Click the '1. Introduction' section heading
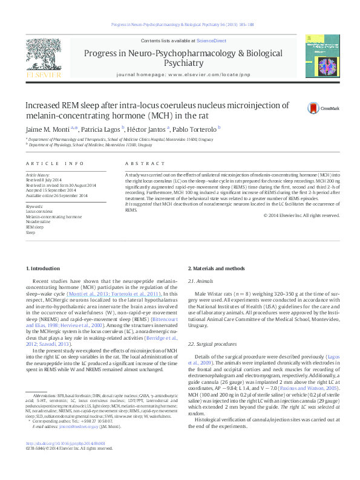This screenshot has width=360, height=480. pyautogui.click(x=44, y=268)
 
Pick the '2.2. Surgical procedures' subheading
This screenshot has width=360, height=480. pyautogui.click(x=211, y=343)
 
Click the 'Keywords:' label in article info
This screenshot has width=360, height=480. pyautogui.click(x=34, y=206)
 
